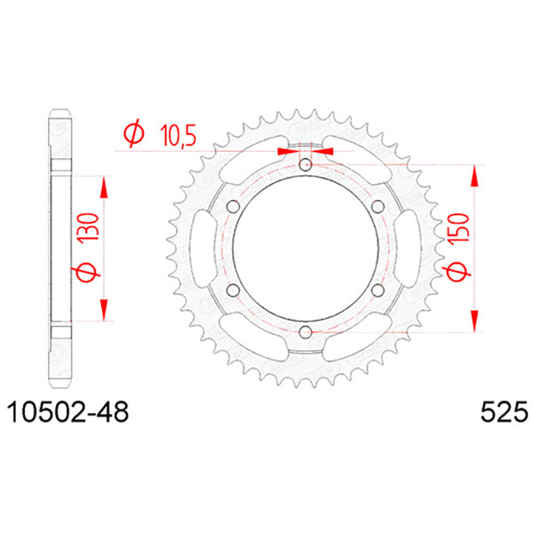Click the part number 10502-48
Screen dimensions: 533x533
67,412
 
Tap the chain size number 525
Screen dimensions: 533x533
504,412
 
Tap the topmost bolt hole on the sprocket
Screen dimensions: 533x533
306,165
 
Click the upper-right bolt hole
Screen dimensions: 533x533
378,207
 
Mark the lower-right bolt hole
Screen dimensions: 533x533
378,290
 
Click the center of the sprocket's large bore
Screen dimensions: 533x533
306,248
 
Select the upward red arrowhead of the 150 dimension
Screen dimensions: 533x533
476,174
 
